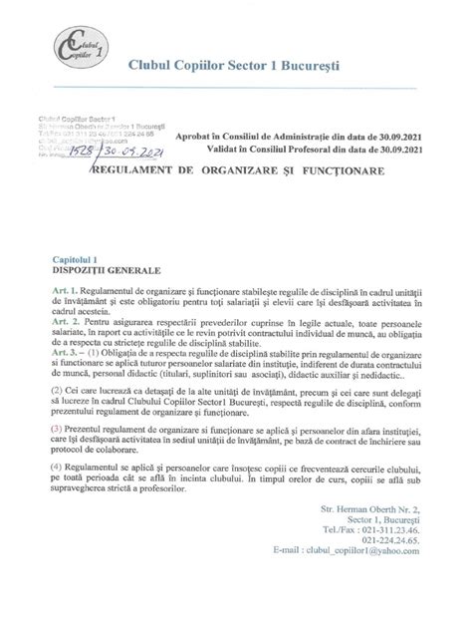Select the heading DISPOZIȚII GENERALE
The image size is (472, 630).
[x=101, y=269]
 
